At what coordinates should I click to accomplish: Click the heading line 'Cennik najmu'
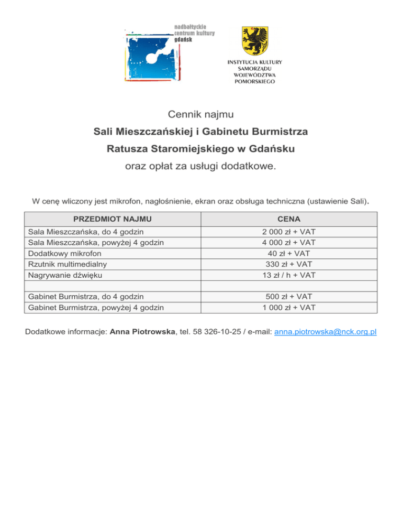click(200, 113)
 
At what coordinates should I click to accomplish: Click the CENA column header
click(289, 218)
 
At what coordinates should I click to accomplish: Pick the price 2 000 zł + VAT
click(289, 232)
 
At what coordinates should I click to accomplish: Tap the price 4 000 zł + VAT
click(289, 242)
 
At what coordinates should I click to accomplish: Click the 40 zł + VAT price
click(289, 253)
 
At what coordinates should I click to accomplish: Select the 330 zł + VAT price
click(289, 264)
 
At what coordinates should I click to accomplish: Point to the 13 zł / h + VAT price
click(289, 275)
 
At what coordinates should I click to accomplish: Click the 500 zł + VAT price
click(289, 297)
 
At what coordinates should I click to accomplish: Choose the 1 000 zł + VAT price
click(289, 307)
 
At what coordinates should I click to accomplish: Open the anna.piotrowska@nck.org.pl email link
click(326, 332)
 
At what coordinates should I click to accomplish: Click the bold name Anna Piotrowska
click(141, 332)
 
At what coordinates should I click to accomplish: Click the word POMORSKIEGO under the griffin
click(254, 82)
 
